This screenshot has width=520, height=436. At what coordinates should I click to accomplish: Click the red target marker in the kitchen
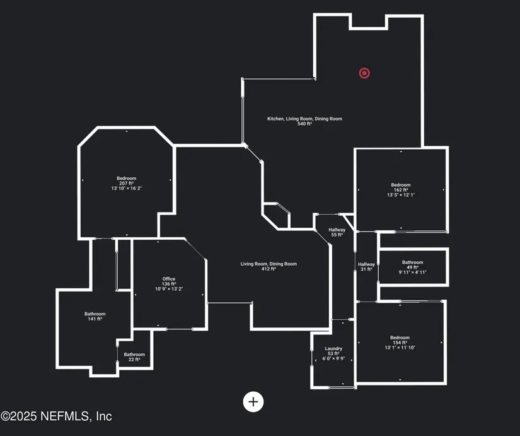pos(364,73)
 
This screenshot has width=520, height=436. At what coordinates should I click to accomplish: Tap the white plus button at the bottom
pos(253,402)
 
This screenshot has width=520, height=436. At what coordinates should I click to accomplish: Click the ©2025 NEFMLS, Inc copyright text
pos(56,416)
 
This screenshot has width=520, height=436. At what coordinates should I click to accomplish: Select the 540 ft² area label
pos(304,124)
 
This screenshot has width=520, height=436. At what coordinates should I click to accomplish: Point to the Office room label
pos(169,279)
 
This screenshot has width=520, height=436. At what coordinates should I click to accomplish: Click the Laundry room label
pos(333,349)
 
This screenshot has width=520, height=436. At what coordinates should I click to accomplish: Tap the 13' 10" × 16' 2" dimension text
pos(126,188)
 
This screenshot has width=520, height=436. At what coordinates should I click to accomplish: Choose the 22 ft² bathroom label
pos(134,359)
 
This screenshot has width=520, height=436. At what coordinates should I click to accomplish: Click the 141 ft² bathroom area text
pos(95,319)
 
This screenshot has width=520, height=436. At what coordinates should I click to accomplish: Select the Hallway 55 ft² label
pos(337,232)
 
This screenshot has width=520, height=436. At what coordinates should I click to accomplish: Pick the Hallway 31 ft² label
pos(366,267)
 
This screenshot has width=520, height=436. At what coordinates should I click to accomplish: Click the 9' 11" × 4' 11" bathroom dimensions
pos(413,273)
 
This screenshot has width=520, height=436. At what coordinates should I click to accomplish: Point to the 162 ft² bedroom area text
pos(401,190)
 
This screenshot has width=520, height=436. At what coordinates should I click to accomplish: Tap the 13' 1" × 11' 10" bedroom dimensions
pos(400,348)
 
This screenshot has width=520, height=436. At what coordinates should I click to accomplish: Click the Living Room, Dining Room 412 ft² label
pos(269,266)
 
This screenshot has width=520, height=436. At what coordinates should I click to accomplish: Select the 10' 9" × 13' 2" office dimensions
pos(169,289)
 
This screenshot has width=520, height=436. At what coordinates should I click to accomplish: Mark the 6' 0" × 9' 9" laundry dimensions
pos(333,358)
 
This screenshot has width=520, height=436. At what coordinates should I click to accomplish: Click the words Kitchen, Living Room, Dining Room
pos(304,119)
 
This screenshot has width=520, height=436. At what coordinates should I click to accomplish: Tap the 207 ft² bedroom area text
pos(126,184)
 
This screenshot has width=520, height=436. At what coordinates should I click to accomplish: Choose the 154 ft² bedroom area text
pos(400,343)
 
